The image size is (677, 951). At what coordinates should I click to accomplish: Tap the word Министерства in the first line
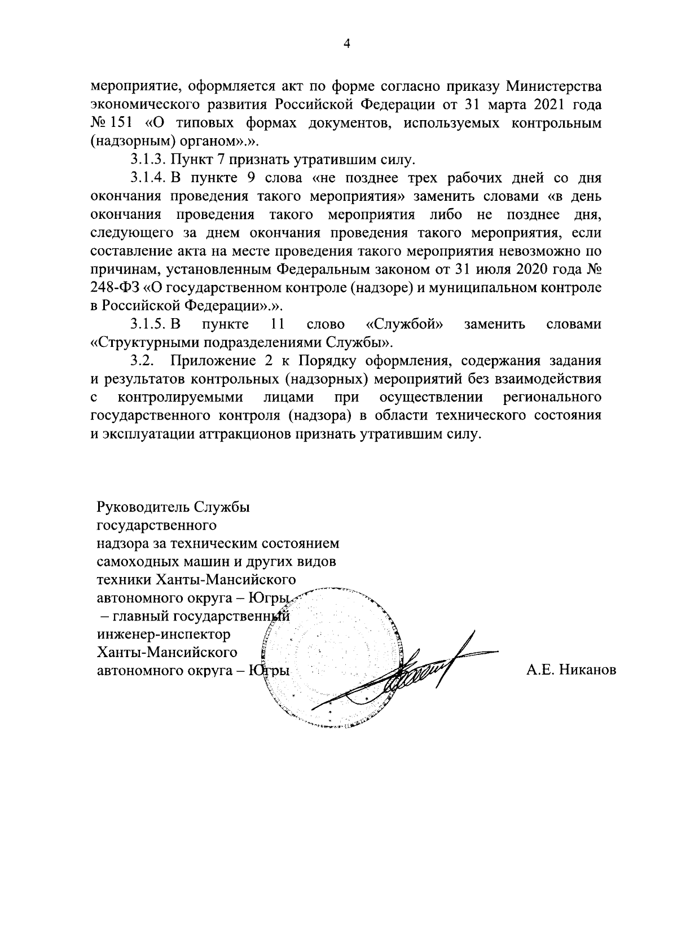pyautogui.click(x=555, y=87)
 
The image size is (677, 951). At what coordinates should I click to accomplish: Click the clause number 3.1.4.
pyautogui.click(x=148, y=178)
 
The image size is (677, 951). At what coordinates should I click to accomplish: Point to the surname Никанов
pyautogui.click(x=589, y=671)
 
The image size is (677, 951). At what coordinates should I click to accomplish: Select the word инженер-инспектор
pyautogui.click(x=164, y=635)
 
